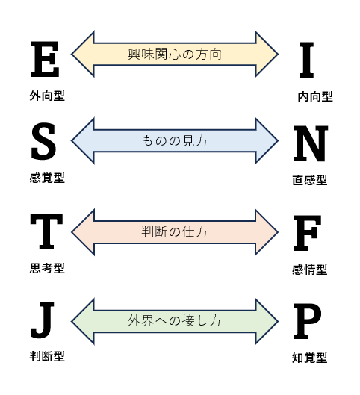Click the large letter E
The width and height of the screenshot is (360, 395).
coord(45,59)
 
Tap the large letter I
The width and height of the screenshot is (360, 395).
coord(306,60)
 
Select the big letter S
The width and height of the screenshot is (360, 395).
coord(43,141)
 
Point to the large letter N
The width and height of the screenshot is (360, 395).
coord(311,143)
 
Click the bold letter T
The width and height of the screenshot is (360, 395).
coord(46,231)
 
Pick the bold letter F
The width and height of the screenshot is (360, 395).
coord(307,233)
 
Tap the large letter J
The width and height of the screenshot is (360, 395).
coord(43,320)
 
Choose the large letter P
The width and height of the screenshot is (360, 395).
coord(308,321)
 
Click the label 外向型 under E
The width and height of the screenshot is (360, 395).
coord(47,96)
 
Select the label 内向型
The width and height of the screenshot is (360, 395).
coord(315,97)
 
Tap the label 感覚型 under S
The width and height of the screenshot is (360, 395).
coord(47,178)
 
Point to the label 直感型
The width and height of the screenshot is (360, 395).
coord(310,181)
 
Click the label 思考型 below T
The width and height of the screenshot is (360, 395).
coord(47,268)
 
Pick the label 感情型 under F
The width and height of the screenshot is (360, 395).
coord(310,270)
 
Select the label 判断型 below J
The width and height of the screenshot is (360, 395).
coord(47,357)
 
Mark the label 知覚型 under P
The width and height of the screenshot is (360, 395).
coord(310,358)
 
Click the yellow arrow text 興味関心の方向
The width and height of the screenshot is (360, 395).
coord(175,55)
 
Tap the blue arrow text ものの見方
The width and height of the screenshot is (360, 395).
coord(175,141)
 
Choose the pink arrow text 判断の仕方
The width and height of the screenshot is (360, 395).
coord(175,232)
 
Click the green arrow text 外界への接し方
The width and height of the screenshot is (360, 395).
coord(175,321)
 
